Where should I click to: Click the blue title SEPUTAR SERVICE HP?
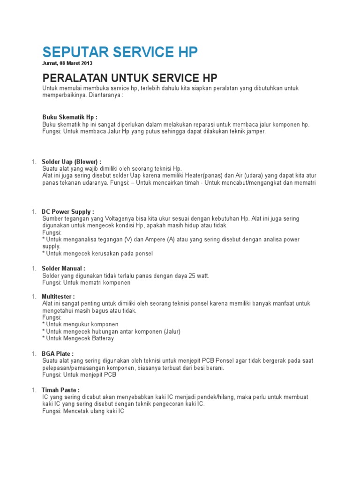coord(120,52)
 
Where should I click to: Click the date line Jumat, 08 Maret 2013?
coord(67,63)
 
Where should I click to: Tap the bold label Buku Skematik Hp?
coord(70,117)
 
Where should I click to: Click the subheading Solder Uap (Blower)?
coord(71,162)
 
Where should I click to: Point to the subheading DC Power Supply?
coord(68,212)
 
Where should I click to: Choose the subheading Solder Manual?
coord(63,269)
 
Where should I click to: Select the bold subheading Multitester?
coord(58,297)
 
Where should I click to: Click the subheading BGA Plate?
coord(58,353)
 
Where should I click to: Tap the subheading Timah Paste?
coord(60,390)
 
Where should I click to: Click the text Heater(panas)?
coord(209,175)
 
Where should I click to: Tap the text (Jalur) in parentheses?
coord(172,331)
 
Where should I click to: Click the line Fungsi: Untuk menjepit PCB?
coord(79,375)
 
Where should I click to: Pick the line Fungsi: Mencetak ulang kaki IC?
coord(83,411)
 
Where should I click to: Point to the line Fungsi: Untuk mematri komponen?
coord(87,283)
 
